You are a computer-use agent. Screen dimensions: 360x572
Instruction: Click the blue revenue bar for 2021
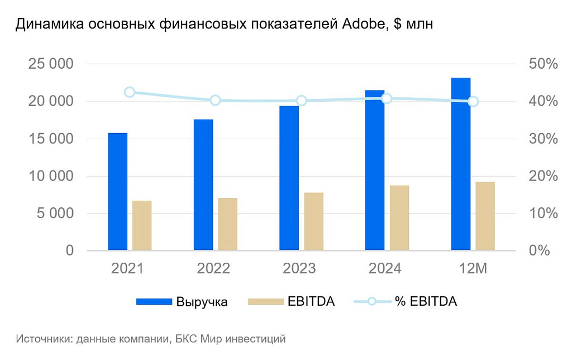(118, 192)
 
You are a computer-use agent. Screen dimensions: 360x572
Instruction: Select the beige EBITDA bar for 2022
(227, 224)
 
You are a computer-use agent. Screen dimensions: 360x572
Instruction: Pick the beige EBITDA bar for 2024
(399, 218)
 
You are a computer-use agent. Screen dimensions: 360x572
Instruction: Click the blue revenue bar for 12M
(461, 164)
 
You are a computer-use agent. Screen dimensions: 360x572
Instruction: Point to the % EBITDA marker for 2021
(130, 92)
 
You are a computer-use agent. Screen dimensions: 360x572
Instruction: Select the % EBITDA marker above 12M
(473, 101)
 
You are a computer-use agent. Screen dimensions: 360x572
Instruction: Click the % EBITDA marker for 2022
(216, 101)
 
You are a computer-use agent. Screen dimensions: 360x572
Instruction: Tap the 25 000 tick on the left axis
(51, 64)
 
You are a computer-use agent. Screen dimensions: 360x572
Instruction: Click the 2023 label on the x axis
(299, 269)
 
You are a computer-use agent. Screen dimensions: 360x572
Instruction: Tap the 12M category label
(474, 269)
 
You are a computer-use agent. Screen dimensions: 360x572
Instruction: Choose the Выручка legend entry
(202, 302)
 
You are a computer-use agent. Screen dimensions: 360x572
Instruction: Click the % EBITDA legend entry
(426, 302)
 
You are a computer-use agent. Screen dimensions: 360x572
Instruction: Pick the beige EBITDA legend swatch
(265, 302)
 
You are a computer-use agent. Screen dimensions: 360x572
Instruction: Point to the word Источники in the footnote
(42, 339)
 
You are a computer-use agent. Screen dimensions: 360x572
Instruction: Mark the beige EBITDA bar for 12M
(485, 216)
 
